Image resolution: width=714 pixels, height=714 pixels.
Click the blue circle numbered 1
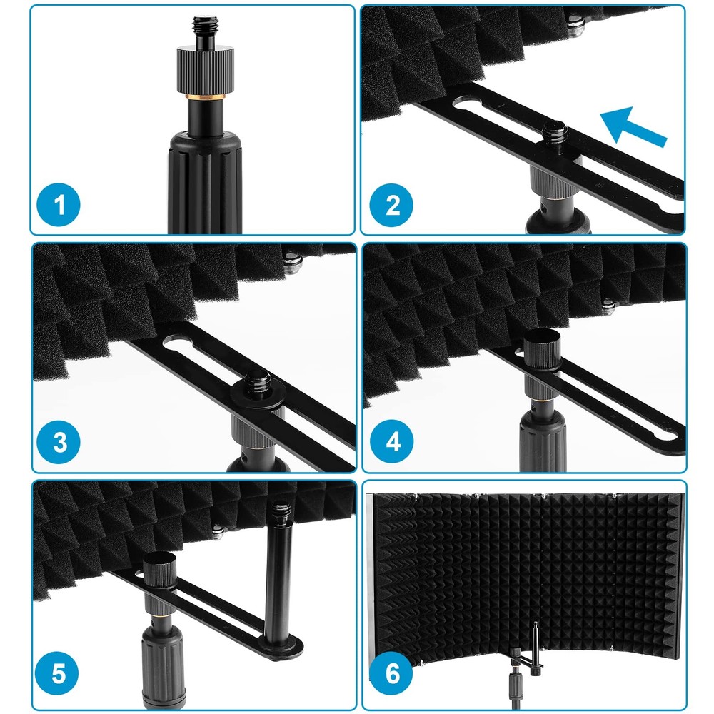pos(60,206)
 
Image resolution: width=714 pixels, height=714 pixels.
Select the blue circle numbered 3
pos(60,443)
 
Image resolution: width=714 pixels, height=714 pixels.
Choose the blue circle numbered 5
pos(60,673)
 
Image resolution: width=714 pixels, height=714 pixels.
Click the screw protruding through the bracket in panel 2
pos(553,131)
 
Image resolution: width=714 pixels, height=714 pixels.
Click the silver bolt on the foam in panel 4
pos(608,308)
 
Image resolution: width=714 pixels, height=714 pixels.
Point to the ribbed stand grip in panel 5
pos(159,664)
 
